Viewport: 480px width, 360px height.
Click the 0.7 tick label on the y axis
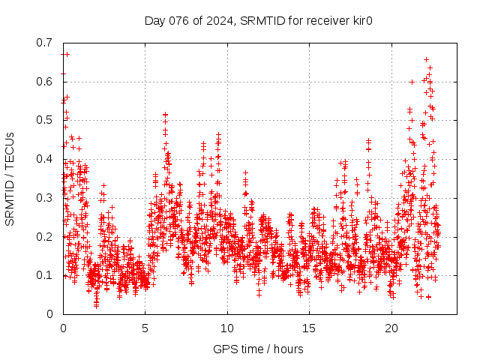pyautogui.click(x=44, y=43)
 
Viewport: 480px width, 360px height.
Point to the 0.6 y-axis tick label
pyautogui.click(x=44, y=82)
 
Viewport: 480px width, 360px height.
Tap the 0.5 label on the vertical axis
pyautogui.click(x=44, y=120)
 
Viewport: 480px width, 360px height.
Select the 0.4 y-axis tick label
pyautogui.click(x=44, y=159)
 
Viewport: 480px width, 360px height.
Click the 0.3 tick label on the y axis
pyautogui.click(x=44, y=198)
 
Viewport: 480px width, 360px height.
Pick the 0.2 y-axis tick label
pyautogui.click(x=44, y=236)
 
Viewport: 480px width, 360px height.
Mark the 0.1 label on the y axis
pyautogui.click(x=44, y=275)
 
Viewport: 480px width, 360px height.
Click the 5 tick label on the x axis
pyautogui.click(x=145, y=328)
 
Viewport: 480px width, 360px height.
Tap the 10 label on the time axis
pyautogui.click(x=227, y=328)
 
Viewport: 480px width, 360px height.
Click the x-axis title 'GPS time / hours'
pyautogui.click(x=259, y=349)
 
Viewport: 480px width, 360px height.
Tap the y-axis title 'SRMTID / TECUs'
pyautogui.click(x=10, y=178)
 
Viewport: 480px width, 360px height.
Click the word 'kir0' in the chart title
pyautogui.click(x=363, y=20)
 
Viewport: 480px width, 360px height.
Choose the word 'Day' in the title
pyautogui.click(x=154, y=20)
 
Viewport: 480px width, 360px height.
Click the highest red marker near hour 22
pyautogui.click(x=427, y=59)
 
